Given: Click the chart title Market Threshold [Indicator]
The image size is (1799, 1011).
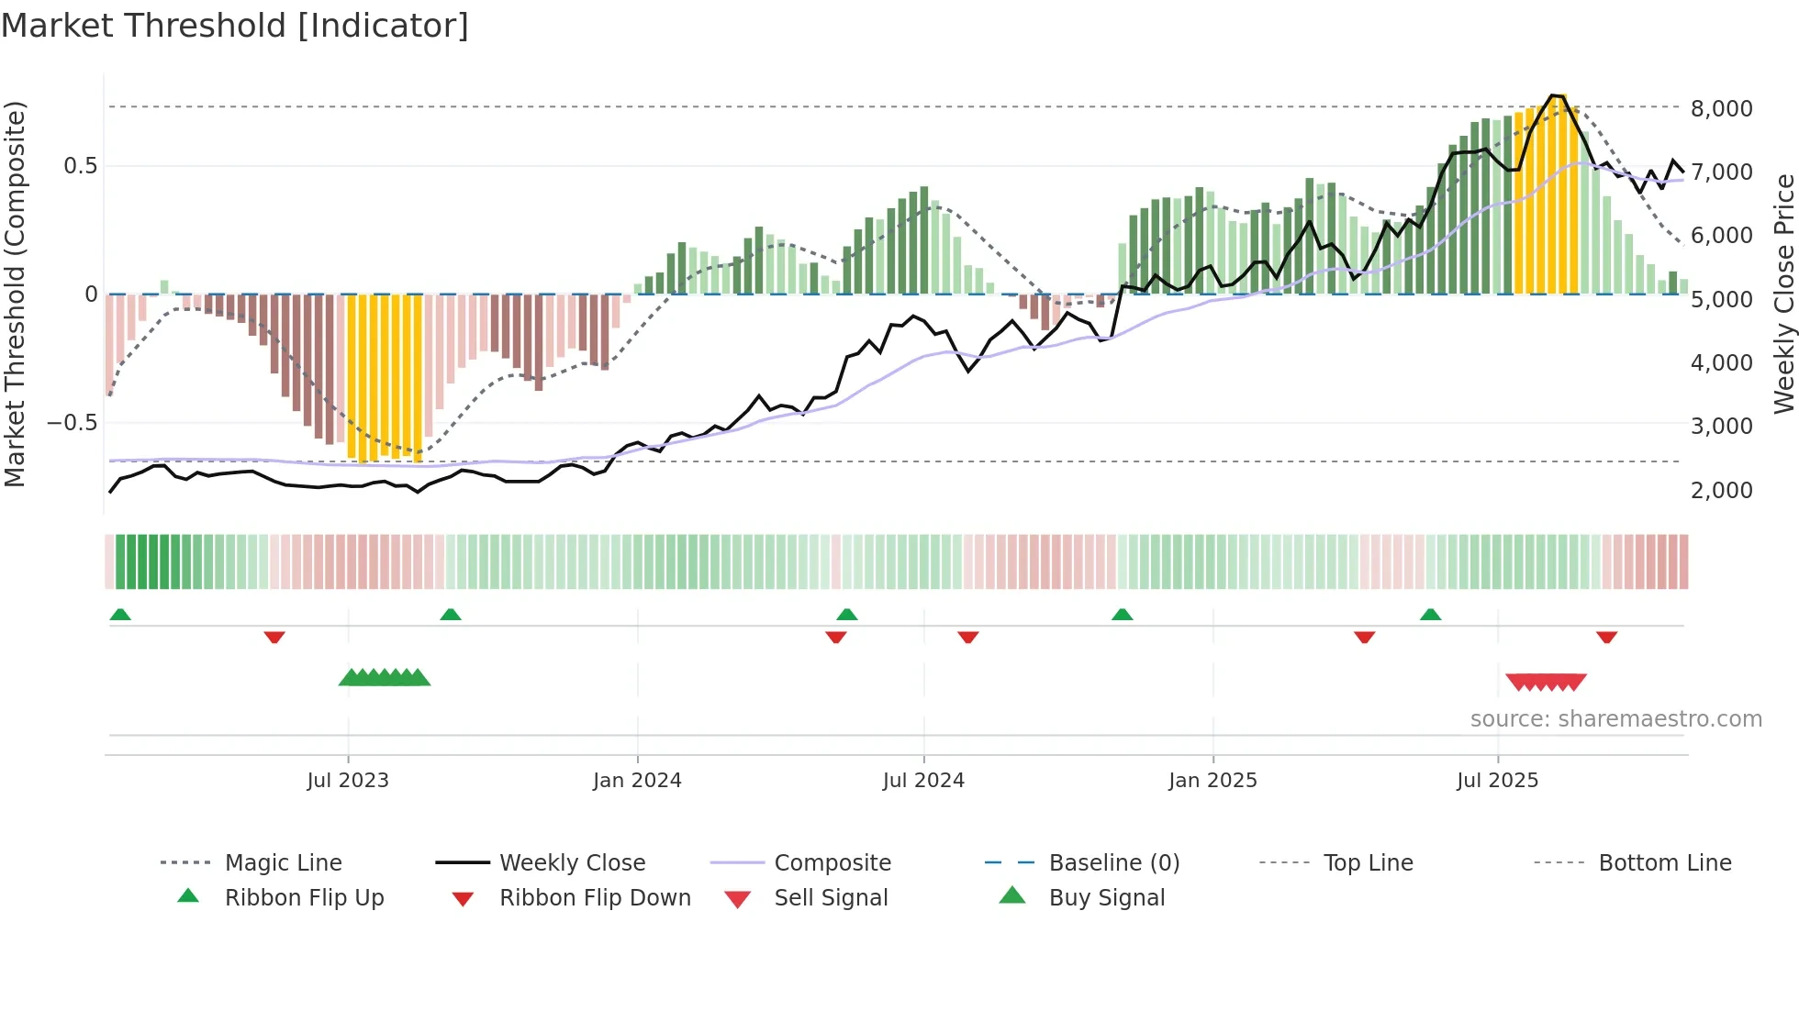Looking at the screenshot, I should point(235,26).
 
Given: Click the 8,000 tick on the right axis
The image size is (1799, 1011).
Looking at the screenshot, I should point(1721,108).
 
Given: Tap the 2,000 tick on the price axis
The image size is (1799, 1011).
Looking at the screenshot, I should point(1721,490).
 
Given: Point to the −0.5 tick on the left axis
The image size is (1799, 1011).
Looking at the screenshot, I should point(73,423).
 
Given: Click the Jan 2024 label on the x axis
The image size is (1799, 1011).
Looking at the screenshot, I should point(637,780).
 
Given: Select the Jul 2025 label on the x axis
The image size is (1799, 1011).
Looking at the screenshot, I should point(1497,780).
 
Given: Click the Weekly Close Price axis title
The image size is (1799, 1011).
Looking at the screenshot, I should point(1783,294).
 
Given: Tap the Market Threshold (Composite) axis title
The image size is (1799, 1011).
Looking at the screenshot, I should point(15,294).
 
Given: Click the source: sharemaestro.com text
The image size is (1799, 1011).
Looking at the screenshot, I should point(1615,718).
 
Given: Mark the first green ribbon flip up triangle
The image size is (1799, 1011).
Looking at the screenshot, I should point(120,615).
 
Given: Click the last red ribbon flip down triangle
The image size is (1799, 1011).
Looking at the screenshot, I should point(1606,637).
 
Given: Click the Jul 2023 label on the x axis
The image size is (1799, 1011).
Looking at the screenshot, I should point(348,780).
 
